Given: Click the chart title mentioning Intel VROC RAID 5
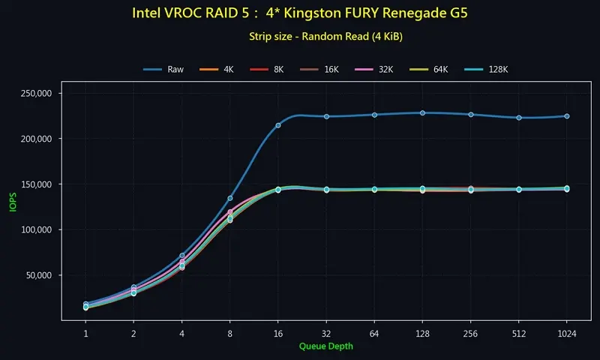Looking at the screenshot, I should pos(299,13).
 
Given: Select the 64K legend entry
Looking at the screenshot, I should pos(436,69).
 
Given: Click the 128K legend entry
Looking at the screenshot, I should pos(491,69).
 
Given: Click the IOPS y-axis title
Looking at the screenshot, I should pos(12,200).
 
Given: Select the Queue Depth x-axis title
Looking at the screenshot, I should pos(325,346).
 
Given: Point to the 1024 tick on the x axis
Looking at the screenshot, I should pos(566,332).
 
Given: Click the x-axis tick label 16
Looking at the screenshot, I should pos(278,332).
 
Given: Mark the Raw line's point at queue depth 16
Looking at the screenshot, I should pos(278,125).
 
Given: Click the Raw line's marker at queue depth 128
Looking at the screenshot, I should pos(422,113).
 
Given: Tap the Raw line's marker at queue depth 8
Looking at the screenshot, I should pos(230,198).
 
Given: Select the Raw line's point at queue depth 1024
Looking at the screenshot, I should pos(566,116).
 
